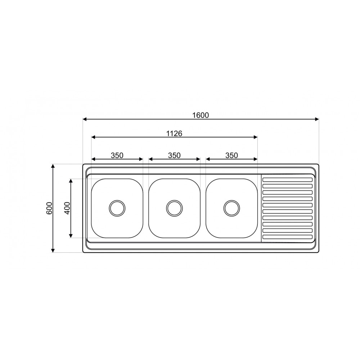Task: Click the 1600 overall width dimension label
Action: tap(201, 115)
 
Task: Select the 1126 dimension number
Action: tap(174, 134)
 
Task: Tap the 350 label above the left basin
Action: tap(117, 156)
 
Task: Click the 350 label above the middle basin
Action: tap(174, 156)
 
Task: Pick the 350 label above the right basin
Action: tap(231, 156)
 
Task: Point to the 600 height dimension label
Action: tap(50, 208)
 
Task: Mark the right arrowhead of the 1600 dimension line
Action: tap(317, 119)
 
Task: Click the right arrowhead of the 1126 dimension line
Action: tap(255, 137)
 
